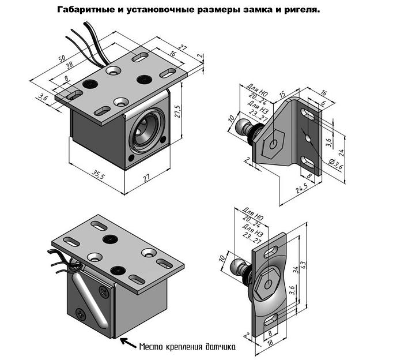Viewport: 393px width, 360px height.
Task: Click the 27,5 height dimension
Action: coord(186,109)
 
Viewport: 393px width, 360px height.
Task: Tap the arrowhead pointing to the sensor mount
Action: coord(122,340)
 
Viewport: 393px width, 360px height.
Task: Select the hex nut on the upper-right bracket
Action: coord(272,143)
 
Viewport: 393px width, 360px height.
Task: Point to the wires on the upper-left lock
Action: coord(86,40)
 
